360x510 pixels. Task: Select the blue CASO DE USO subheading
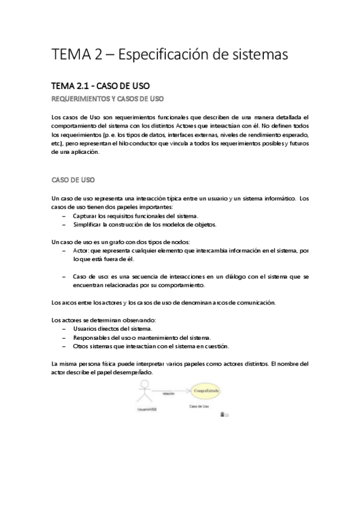click(x=74, y=179)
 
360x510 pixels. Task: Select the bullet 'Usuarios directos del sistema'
click(x=112, y=329)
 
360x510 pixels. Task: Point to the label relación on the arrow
click(x=168, y=391)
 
